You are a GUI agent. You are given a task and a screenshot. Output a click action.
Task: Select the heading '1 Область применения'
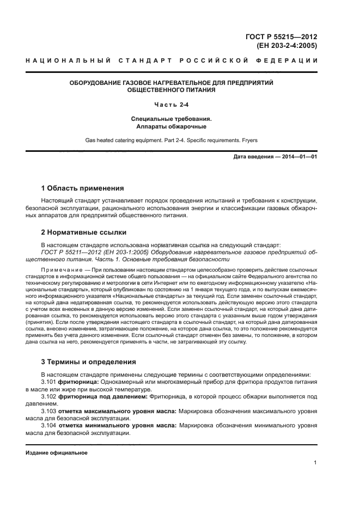[x=82, y=188]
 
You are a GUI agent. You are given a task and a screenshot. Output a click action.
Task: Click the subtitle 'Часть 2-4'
[x=172, y=105]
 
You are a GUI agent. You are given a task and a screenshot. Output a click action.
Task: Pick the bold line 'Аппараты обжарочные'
[x=172, y=126]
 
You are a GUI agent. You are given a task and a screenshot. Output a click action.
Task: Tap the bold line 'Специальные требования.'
[x=172, y=118]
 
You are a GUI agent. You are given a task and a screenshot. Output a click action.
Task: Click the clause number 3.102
[x=48, y=397]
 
